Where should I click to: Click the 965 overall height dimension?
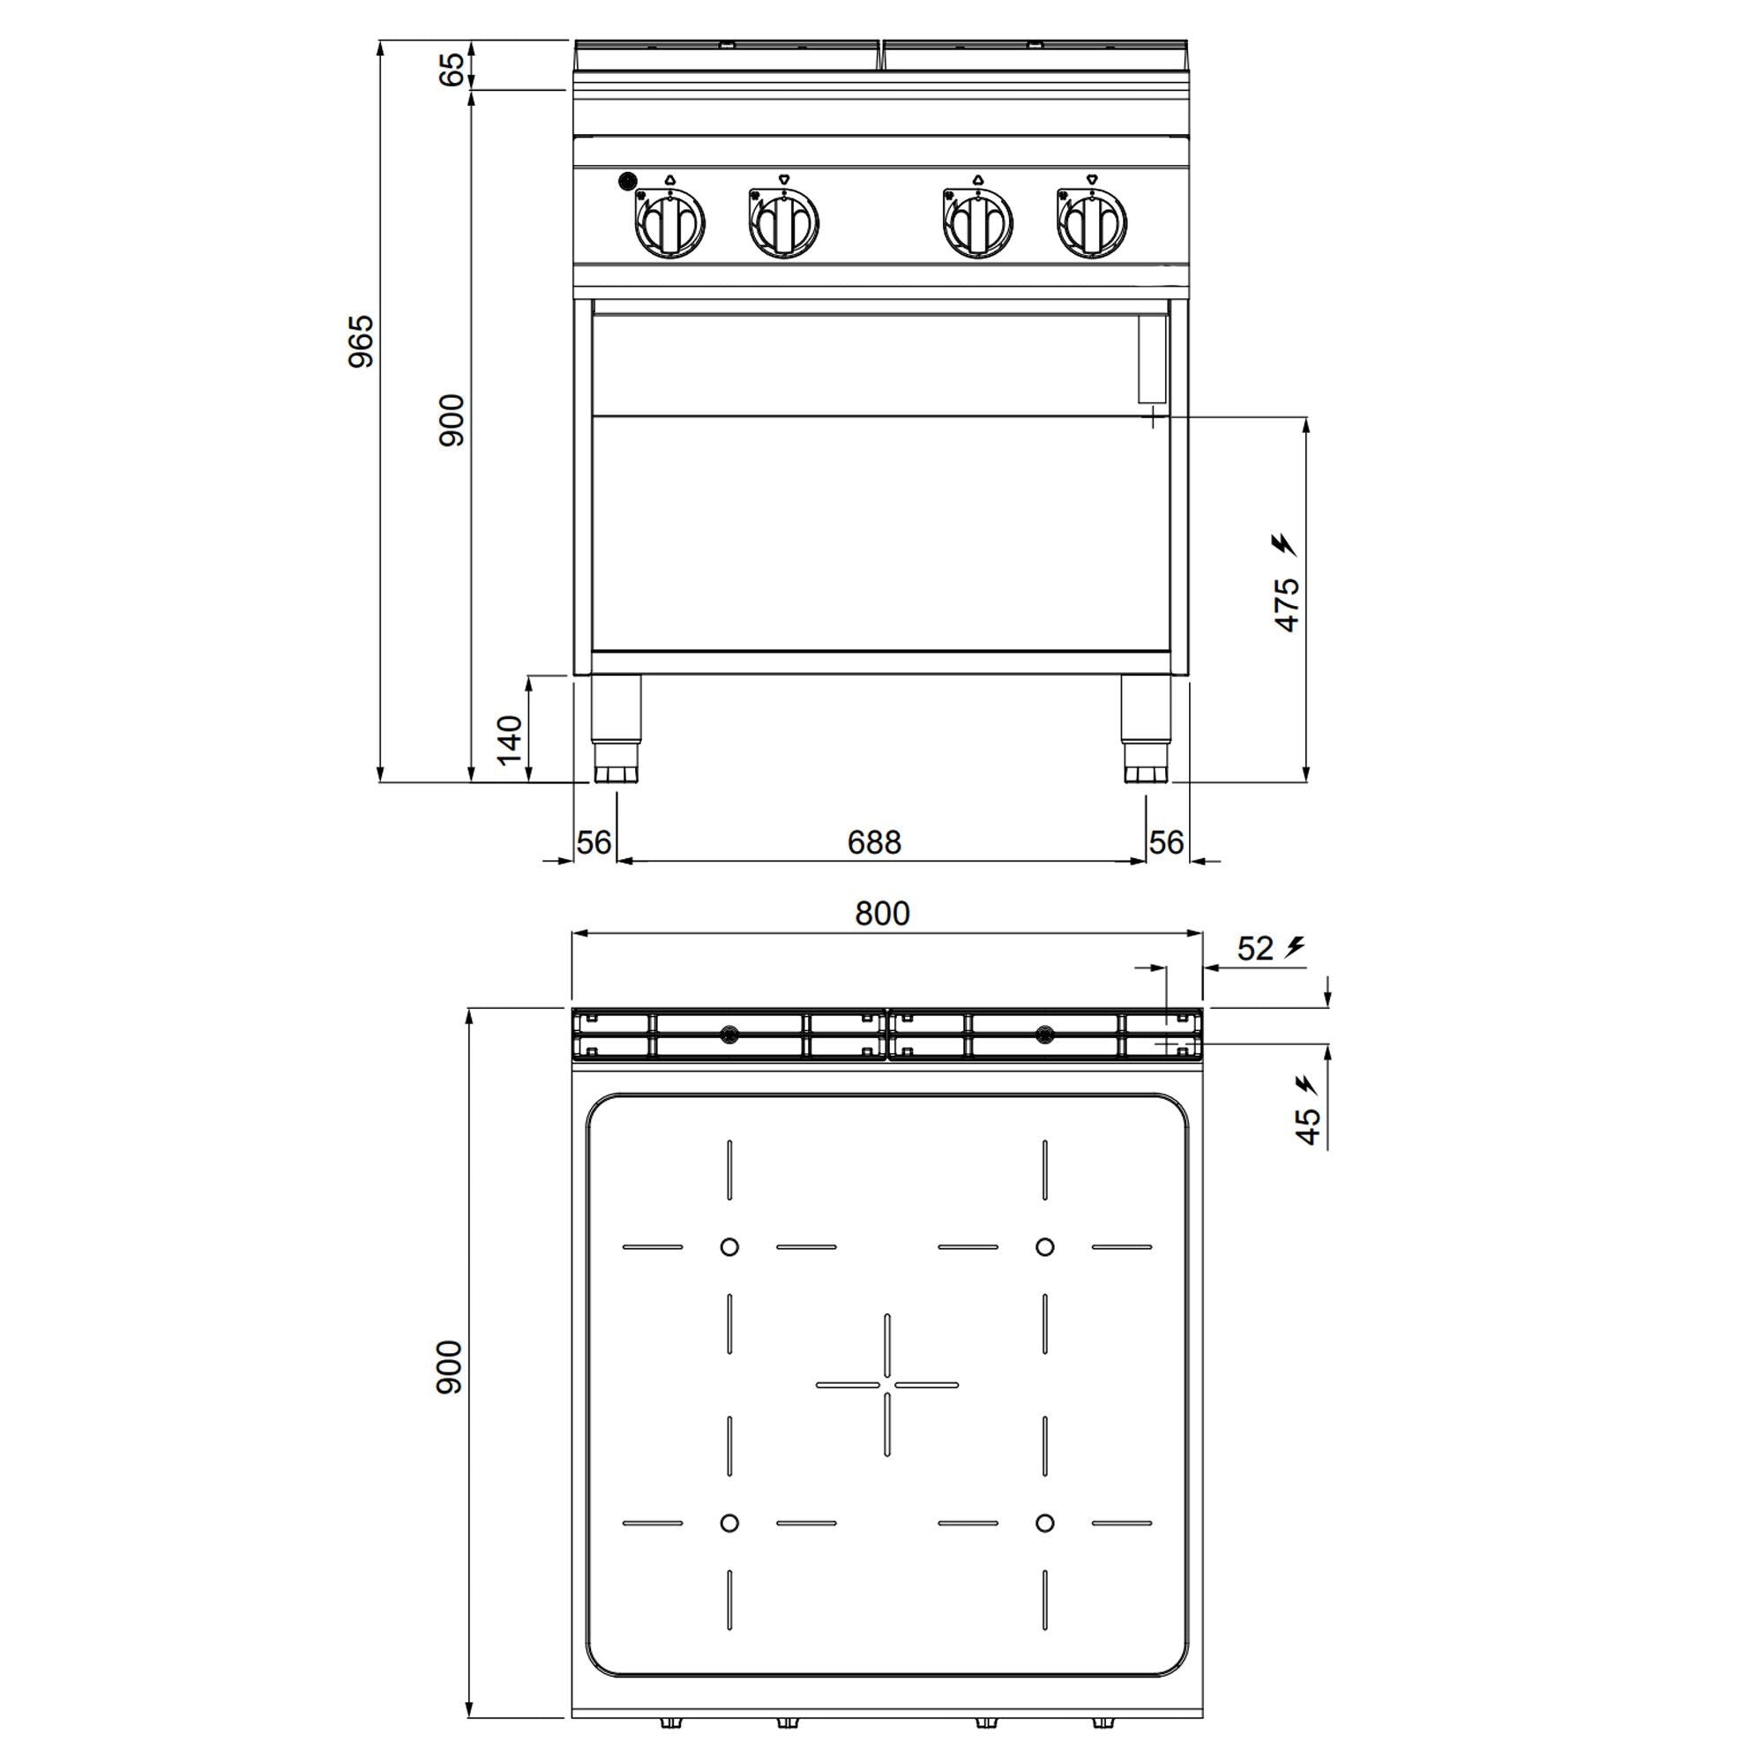(362, 340)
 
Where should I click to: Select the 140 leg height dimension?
(509, 740)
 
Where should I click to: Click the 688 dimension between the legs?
(874, 841)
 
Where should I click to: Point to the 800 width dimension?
(882, 913)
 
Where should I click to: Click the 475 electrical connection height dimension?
(1287, 603)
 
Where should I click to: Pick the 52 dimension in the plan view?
(1254, 949)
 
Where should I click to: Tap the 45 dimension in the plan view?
(1307, 1125)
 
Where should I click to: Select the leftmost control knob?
(670, 222)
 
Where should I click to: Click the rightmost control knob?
(1092, 222)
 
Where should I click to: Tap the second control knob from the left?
(783, 222)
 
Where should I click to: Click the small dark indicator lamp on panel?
(627, 181)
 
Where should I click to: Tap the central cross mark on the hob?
(886, 1384)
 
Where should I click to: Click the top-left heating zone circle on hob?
(729, 1246)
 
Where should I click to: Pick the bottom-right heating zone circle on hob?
(1044, 1522)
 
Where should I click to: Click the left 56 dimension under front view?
(594, 841)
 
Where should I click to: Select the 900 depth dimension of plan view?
(449, 1367)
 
